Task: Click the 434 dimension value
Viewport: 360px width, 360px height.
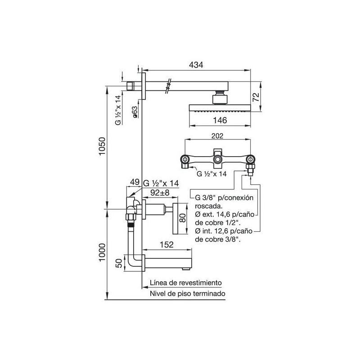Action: point(196,65)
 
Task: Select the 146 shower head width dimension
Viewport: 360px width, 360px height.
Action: point(220,120)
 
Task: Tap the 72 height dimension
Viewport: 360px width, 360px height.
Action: point(256,97)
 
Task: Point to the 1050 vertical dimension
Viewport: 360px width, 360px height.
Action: point(102,146)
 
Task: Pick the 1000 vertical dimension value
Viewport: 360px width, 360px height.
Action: point(102,252)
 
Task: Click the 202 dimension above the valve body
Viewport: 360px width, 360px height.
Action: point(217,136)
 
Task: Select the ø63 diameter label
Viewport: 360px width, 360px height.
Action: point(135,112)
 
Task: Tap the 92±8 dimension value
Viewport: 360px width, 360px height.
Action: point(160,193)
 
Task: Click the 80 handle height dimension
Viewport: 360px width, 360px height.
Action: point(183,218)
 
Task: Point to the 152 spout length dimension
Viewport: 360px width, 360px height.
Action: point(166,244)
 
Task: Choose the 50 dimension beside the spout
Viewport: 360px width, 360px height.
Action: point(119,263)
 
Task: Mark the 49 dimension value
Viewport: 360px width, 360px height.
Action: point(135,182)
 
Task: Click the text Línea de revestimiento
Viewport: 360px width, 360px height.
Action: point(186,283)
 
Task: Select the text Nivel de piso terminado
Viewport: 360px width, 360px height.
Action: point(188,293)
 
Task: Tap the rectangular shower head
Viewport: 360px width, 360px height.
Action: point(220,108)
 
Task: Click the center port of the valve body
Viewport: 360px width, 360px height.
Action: point(217,159)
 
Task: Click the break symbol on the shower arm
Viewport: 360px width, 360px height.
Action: point(168,86)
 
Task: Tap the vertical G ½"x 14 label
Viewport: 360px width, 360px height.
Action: point(118,110)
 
